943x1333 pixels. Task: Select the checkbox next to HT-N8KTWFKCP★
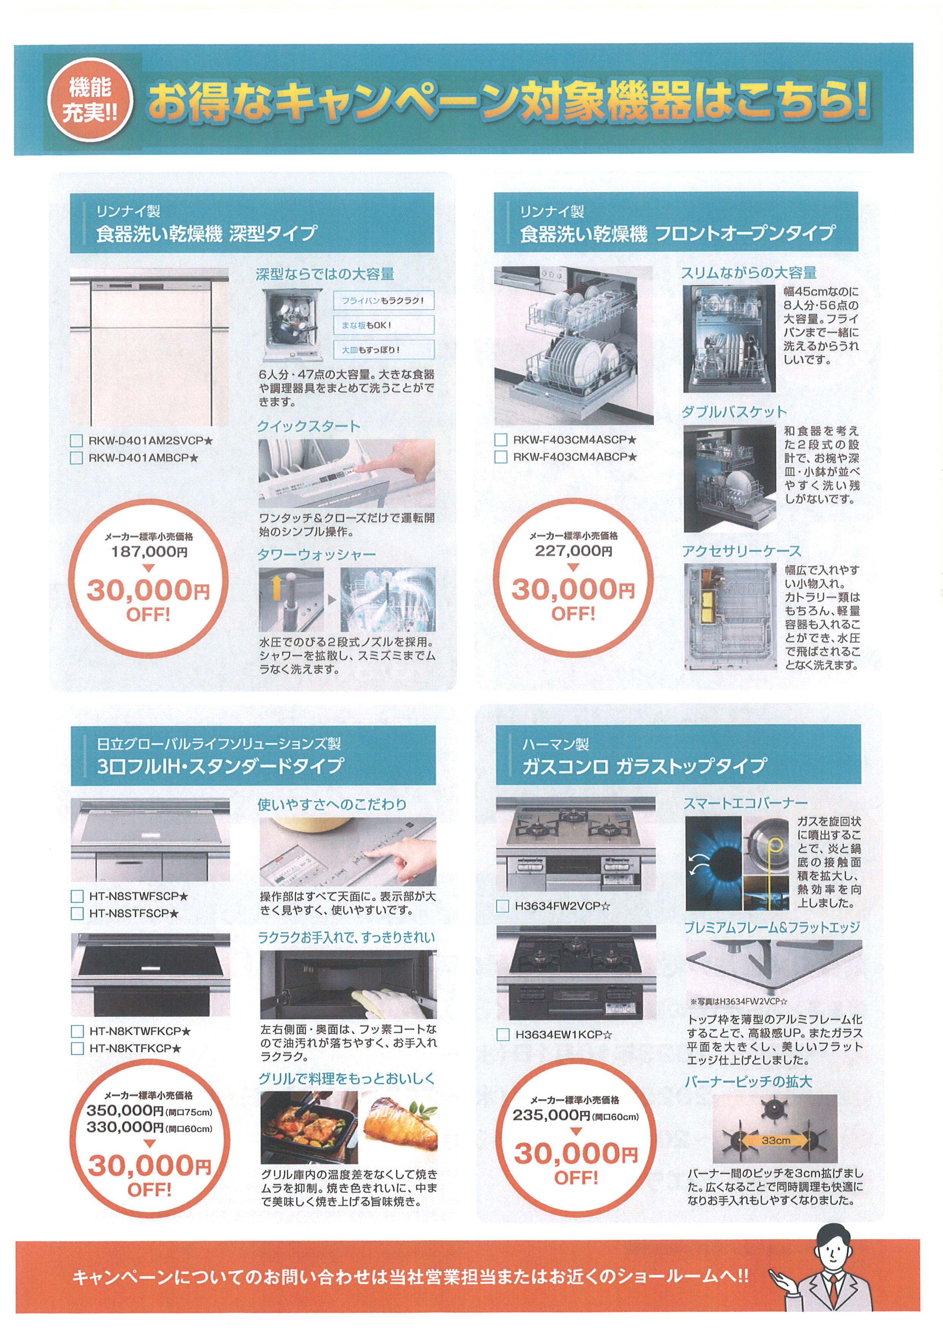[77, 1031]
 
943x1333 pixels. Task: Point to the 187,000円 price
[149, 552]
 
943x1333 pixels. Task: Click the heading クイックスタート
[309, 426]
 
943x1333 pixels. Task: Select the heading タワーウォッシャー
[316, 555]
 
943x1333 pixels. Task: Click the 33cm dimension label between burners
[776, 1140]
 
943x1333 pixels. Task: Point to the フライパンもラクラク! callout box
[383, 301]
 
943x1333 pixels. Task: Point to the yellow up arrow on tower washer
[276, 586]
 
